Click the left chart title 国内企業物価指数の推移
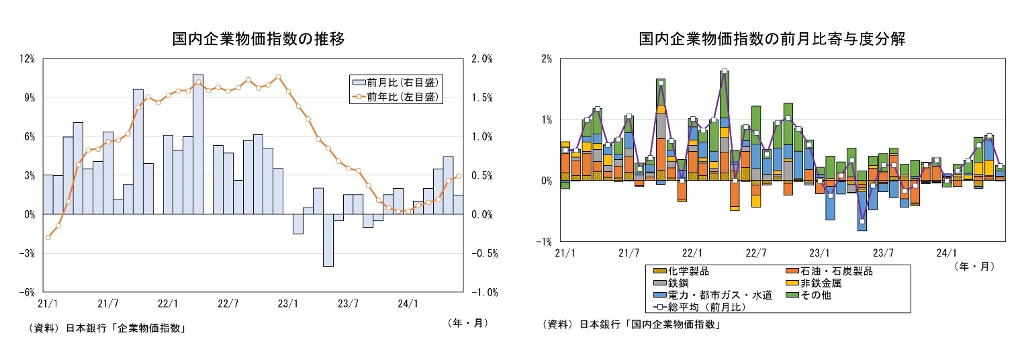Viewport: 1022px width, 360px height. click(259, 40)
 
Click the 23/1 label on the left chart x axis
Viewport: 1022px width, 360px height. click(287, 304)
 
